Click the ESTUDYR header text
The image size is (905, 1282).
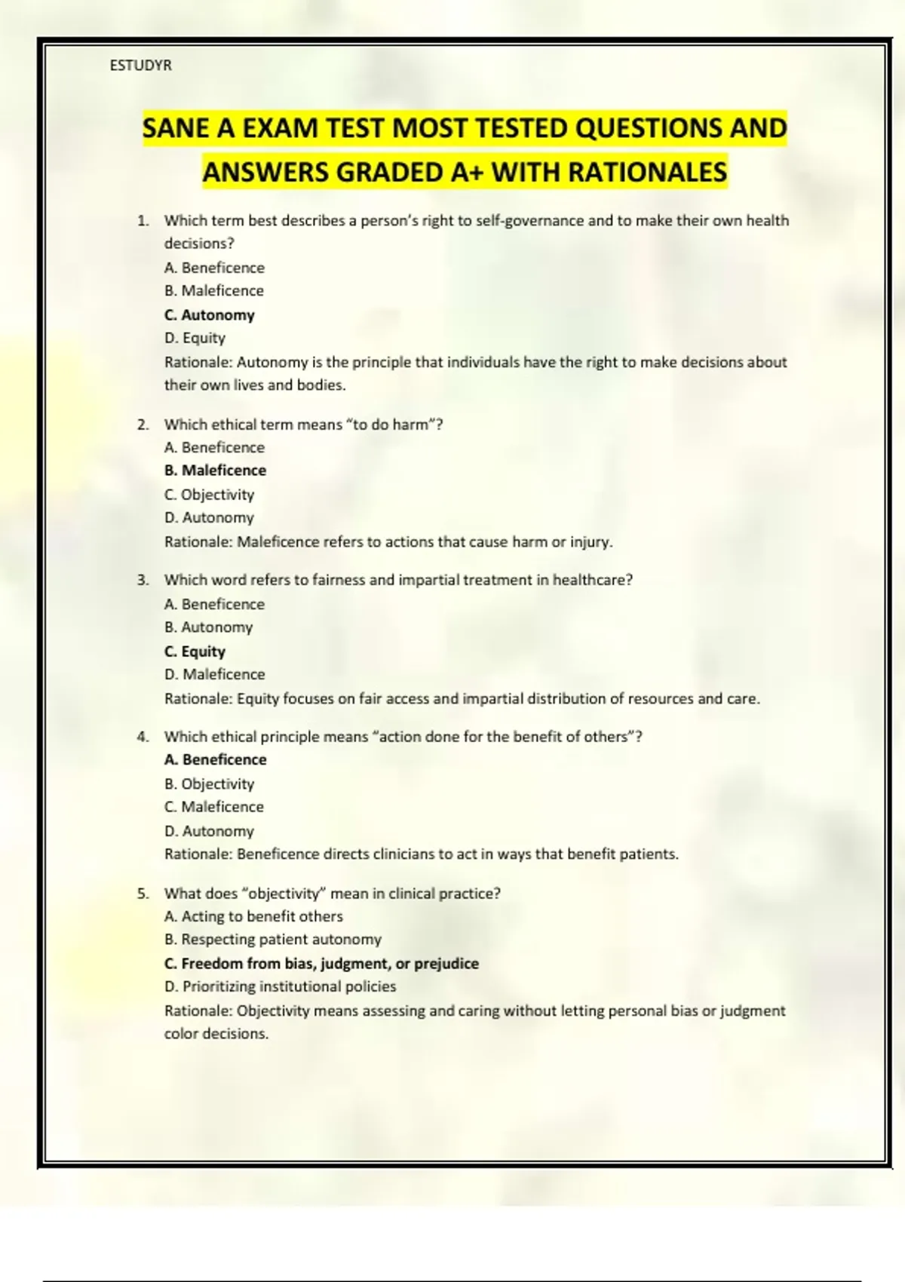[141, 66]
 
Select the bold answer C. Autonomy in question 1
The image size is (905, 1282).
[210, 314]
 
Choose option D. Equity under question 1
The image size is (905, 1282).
[195, 338]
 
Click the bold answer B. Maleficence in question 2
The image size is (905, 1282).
[216, 470]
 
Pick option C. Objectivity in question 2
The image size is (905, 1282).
[210, 495]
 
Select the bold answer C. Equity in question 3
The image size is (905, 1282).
[195, 651]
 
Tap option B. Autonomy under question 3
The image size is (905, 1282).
[209, 627]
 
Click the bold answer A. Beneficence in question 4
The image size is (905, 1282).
[216, 759]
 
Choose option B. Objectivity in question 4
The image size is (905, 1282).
[210, 784]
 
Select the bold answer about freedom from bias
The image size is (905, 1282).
[321, 963]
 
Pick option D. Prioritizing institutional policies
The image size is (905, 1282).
[280, 986]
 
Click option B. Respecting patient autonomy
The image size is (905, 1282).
[273, 940]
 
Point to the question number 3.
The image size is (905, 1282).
[143, 580]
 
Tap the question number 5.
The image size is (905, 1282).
[143, 894]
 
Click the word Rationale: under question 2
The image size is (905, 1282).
[198, 541]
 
